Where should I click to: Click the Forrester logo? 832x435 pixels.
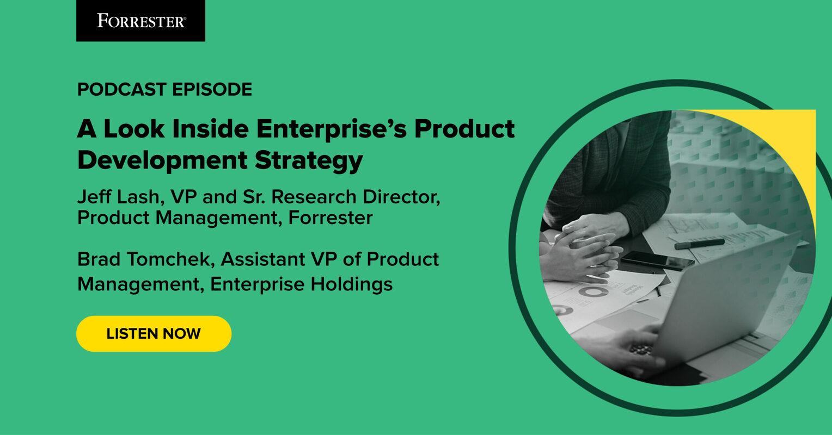(140, 21)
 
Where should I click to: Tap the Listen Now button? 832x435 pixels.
(154, 333)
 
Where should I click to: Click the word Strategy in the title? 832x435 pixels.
(309, 160)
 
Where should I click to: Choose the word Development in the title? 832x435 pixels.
(162, 160)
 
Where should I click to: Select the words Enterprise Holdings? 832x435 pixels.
(302, 284)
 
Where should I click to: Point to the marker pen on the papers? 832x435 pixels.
(699, 244)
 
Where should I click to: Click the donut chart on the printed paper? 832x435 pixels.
(593, 292)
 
